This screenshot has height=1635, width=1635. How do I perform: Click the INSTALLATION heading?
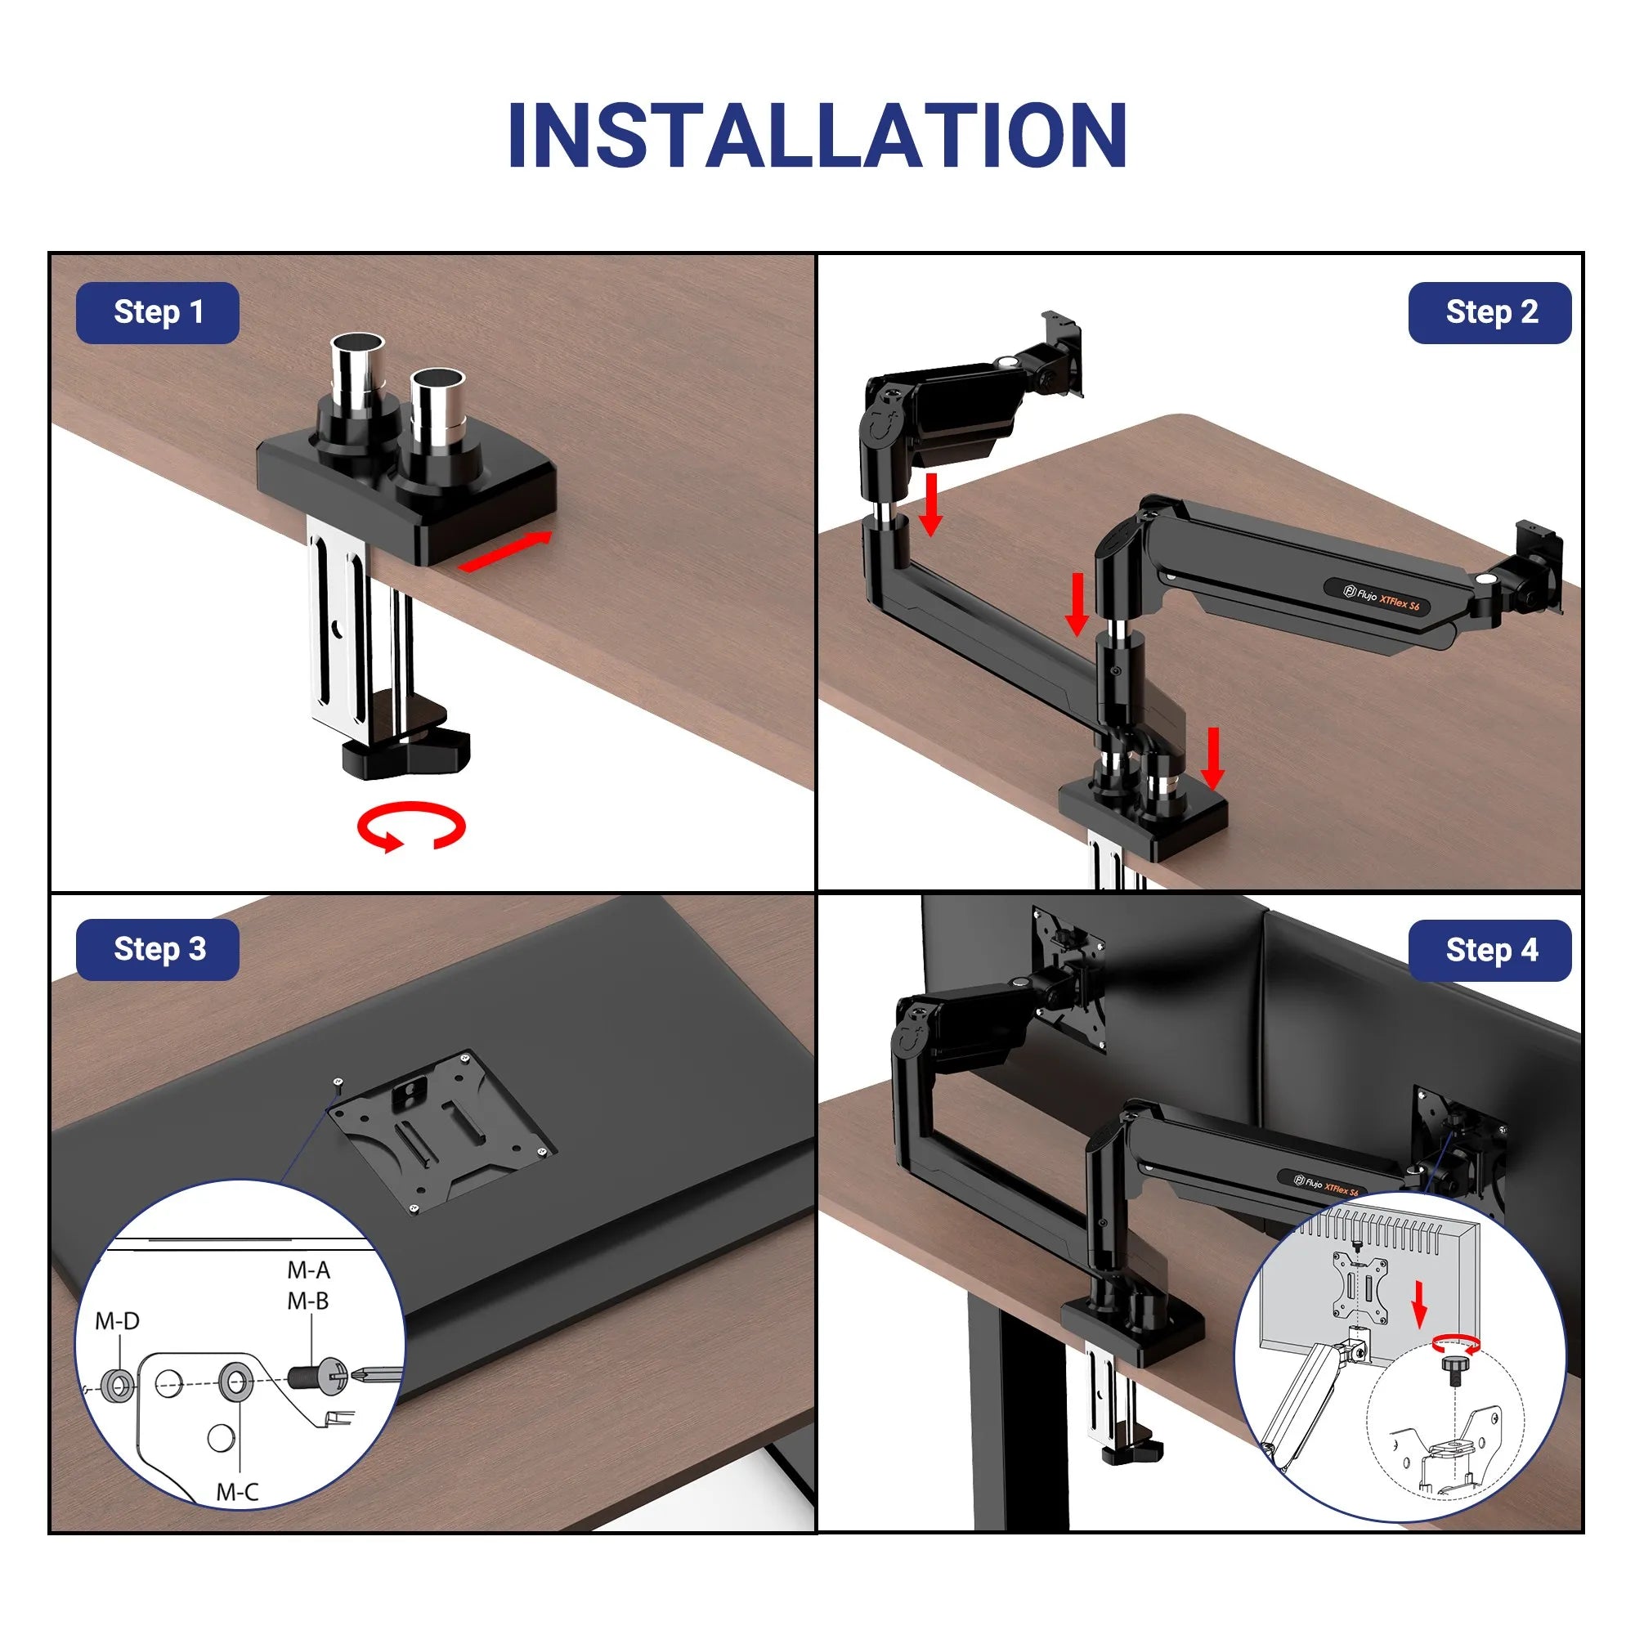817,136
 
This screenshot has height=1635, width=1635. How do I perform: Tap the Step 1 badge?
158,312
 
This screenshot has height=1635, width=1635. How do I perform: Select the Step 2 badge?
1489,312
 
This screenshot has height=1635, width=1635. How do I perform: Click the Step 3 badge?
158,949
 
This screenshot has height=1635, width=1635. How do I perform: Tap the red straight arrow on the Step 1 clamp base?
504,551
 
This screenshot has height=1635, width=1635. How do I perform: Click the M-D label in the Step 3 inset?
117,1321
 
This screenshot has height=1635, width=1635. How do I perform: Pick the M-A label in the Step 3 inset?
308,1270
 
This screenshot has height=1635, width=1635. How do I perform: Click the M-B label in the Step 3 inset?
308,1301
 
